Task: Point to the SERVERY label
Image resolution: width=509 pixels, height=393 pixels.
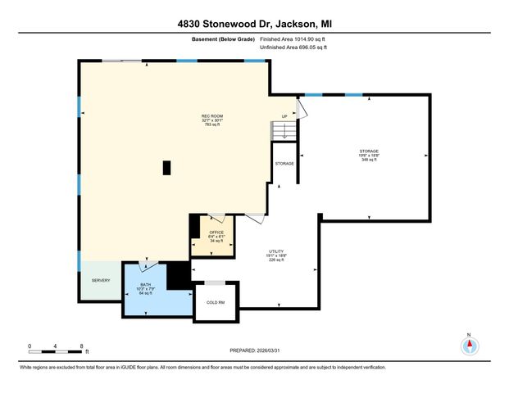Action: click(x=100, y=281)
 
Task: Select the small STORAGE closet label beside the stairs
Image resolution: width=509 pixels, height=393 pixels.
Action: click(x=284, y=164)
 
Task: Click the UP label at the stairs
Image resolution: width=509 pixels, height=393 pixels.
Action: click(x=284, y=116)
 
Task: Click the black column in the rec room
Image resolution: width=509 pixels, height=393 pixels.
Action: click(x=166, y=167)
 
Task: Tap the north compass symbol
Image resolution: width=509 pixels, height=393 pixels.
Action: click(x=469, y=346)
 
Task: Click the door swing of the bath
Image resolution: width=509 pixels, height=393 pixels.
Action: click(x=149, y=265)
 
